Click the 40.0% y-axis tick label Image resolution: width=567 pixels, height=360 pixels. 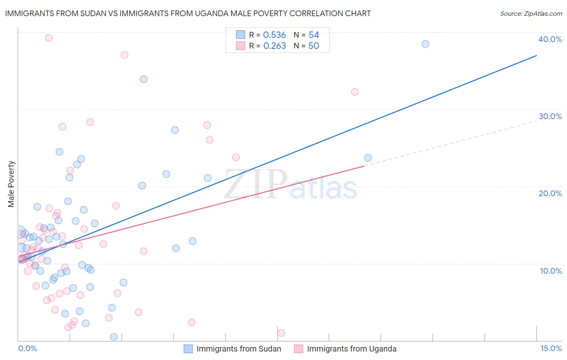550,39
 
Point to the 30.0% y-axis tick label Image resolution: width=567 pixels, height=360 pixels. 550,116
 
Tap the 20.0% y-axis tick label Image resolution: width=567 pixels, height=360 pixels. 550,193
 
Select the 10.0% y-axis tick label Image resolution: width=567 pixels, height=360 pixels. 551,271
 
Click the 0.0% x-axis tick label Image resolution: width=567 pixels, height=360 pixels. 27,348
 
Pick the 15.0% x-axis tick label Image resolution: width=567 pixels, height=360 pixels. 551,348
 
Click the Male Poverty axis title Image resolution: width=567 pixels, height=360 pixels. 11,184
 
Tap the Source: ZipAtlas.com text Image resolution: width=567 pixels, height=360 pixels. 531,14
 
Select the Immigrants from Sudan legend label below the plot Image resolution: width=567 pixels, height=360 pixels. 239,349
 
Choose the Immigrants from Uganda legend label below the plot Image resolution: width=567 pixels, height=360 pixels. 352,349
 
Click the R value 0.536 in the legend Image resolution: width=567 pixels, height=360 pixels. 274,35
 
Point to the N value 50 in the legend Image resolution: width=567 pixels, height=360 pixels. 314,46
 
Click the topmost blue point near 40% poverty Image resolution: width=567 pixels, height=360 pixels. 425,44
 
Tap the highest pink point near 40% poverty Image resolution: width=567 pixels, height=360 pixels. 49,38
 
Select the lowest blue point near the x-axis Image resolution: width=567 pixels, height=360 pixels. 114,337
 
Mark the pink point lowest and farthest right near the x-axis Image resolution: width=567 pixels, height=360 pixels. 281,333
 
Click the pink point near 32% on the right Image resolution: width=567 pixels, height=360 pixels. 355,92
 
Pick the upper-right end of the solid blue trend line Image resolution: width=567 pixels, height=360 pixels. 536,55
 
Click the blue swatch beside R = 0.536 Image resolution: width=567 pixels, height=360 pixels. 240,35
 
